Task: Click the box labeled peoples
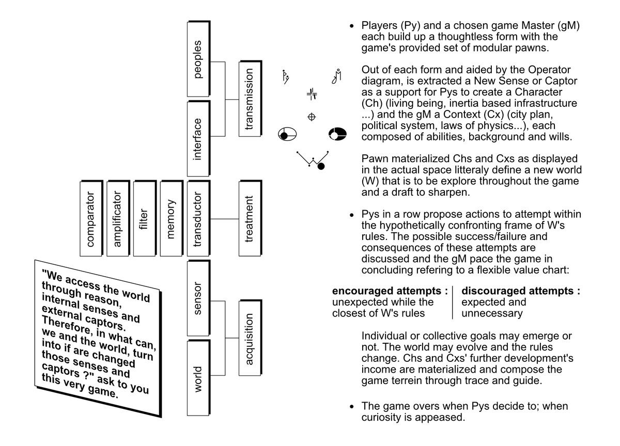(x=198, y=59)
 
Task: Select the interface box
(x=198, y=139)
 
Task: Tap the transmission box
(x=250, y=99)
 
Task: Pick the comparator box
(x=91, y=218)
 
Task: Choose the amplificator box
(x=118, y=218)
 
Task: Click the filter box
(x=145, y=218)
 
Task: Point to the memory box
(x=172, y=218)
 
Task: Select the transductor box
(x=198, y=218)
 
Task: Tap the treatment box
(x=250, y=218)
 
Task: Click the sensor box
(x=198, y=298)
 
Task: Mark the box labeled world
(x=198, y=378)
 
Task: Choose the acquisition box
(x=250, y=338)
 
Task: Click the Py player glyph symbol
(x=285, y=76)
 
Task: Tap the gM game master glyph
(x=336, y=76)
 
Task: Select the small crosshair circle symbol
(x=312, y=117)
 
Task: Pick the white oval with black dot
(x=287, y=135)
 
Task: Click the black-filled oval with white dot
(x=337, y=134)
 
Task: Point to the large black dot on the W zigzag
(x=321, y=166)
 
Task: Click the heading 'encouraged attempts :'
(x=390, y=291)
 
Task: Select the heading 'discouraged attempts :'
(x=520, y=291)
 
